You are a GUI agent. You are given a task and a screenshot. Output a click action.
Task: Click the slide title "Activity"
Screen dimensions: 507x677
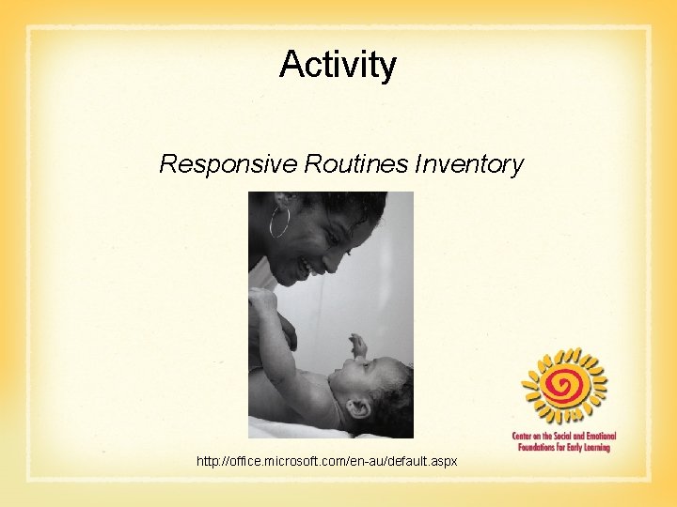point(338,65)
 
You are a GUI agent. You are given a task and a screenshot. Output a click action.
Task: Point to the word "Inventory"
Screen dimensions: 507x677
point(468,164)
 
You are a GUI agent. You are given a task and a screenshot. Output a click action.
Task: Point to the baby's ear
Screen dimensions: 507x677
point(358,409)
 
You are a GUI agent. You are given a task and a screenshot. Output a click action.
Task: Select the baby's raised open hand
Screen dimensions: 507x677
point(357,345)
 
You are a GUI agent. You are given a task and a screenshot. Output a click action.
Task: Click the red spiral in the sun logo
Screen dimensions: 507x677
point(564,385)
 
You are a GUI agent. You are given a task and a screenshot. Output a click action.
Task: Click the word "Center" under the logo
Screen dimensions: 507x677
point(526,438)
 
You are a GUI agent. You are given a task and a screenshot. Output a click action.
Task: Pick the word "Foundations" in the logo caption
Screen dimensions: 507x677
point(541,448)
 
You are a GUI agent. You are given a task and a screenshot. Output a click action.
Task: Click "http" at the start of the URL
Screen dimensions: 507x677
point(207,462)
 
